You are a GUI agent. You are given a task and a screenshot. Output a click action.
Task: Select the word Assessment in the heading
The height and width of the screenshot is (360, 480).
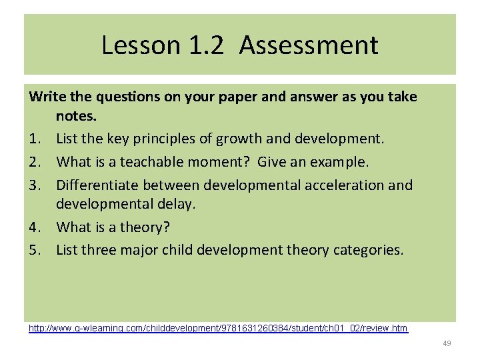(309, 45)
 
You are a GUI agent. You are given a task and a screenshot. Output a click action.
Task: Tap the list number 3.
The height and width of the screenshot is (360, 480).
(34, 184)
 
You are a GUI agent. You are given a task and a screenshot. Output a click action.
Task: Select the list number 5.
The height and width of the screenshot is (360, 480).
(34, 250)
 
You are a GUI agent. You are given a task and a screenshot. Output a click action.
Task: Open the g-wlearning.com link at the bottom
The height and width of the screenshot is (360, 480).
(218, 328)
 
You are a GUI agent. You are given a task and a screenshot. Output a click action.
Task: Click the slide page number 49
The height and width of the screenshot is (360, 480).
(447, 343)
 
